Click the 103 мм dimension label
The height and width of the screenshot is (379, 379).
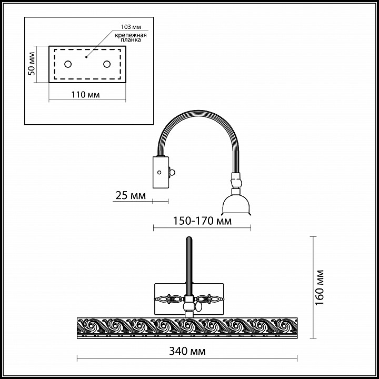131,27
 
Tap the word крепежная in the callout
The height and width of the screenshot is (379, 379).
131,35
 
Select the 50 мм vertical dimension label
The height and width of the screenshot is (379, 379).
32,64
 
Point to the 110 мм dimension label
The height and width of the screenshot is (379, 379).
85,95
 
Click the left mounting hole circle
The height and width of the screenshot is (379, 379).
68,64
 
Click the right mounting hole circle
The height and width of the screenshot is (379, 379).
107,64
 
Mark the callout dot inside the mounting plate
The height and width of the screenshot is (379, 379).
86,57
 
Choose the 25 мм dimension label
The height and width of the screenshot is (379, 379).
131,195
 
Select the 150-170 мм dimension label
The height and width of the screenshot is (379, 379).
202,221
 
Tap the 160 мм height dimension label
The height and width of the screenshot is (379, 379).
320,287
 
